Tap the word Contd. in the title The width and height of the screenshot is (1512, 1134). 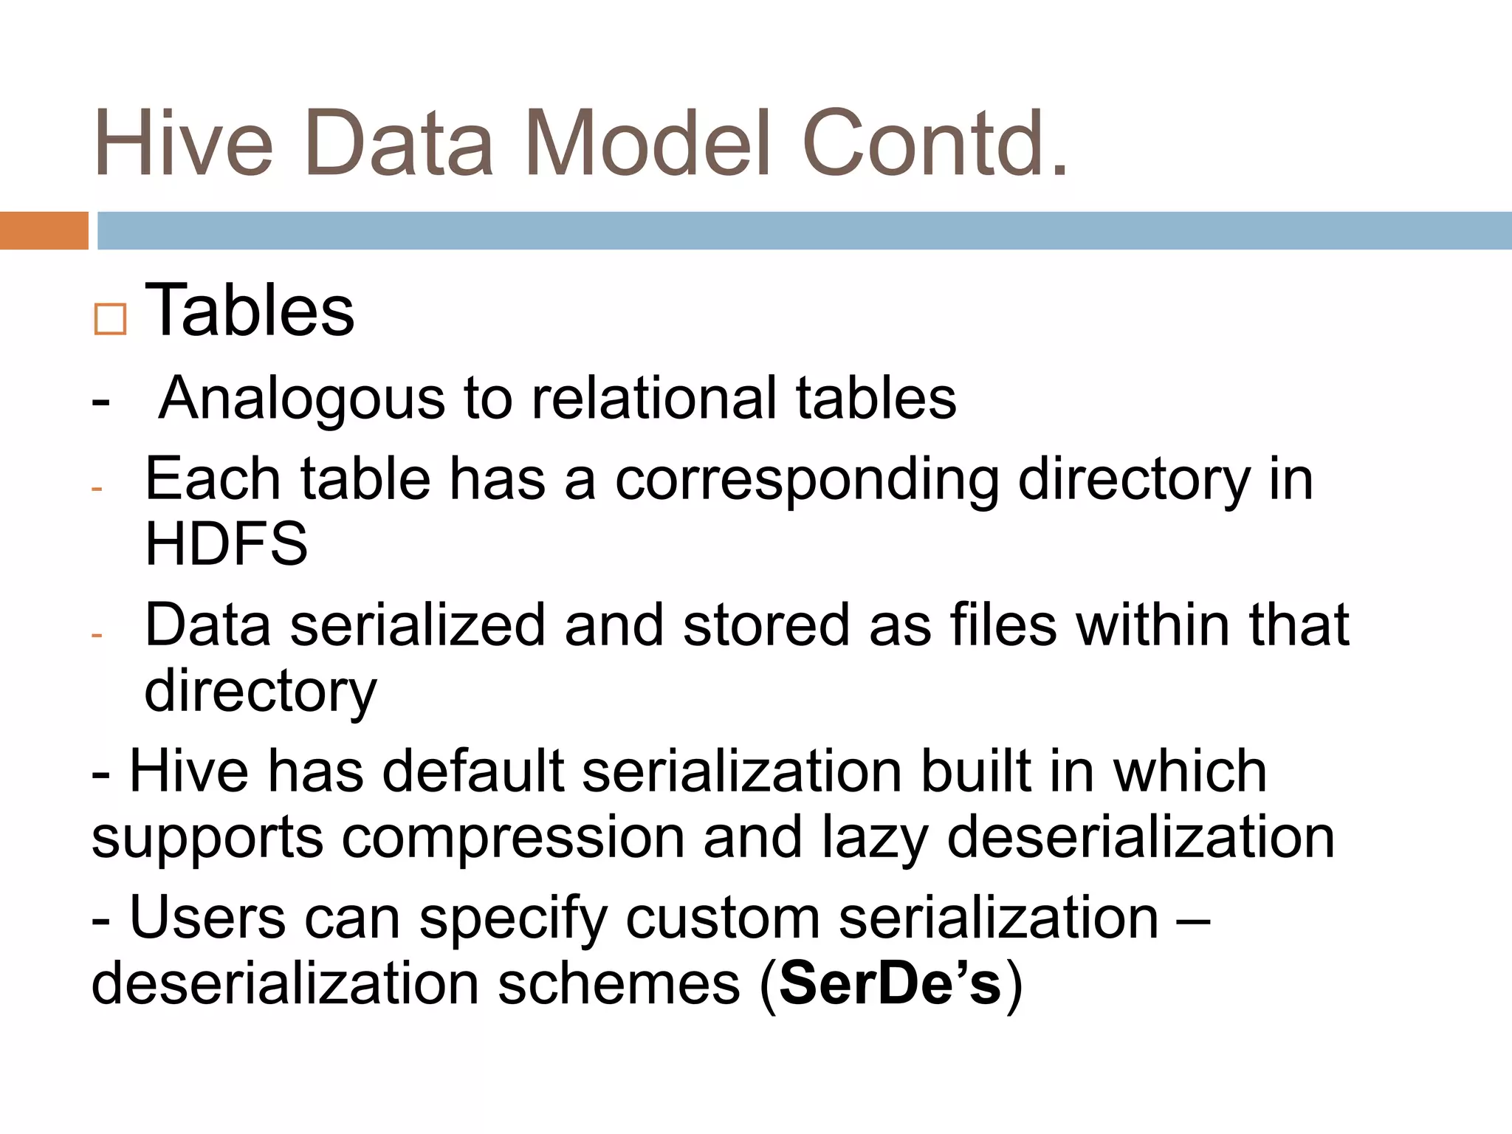tap(935, 143)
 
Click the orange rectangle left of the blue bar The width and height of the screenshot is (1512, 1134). tap(44, 230)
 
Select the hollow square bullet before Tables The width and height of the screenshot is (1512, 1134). tap(111, 319)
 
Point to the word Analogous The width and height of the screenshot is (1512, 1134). tap(301, 399)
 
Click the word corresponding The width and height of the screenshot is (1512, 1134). tap(806, 481)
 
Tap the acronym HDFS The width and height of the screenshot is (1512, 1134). tap(226, 543)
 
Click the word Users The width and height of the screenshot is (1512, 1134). tap(207, 918)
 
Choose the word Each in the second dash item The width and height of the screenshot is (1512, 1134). tap(213, 479)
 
